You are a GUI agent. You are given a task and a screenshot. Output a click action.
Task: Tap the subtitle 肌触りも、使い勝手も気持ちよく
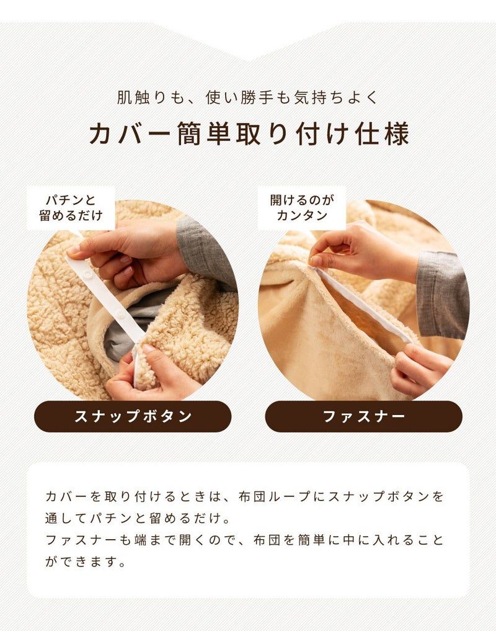tap(248, 97)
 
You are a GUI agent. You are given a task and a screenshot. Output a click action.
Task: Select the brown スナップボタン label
tap(133, 416)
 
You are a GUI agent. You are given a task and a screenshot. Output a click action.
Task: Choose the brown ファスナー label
tap(364, 416)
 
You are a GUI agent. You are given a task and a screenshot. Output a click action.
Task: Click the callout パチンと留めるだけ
tap(71, 208)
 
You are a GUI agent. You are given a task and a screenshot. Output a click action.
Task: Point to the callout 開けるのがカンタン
tap(302, 208)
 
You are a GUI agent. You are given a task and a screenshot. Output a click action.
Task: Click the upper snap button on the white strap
tap(87, 274)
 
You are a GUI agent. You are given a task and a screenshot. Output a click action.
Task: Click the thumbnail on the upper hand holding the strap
tap(74, 250)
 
